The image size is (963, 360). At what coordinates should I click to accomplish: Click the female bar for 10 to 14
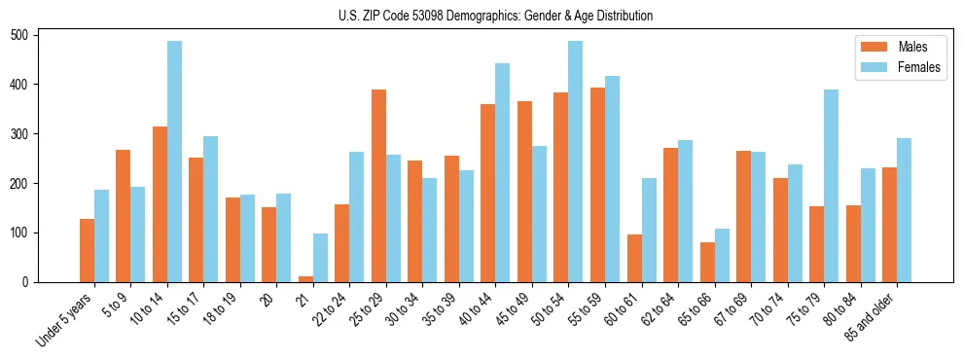click(x=174, y=162)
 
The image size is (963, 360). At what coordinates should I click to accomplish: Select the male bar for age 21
click(x=305, y=279)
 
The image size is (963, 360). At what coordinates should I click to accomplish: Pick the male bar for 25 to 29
click(x=378, y=186)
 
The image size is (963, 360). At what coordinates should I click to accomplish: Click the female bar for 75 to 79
click(x=831, y=186)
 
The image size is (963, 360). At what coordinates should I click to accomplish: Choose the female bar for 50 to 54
click(x=576, y=162)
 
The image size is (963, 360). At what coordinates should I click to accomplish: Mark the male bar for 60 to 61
click(x=634, y=258)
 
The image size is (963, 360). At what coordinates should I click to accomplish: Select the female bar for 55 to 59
click(x=612, y=179)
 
